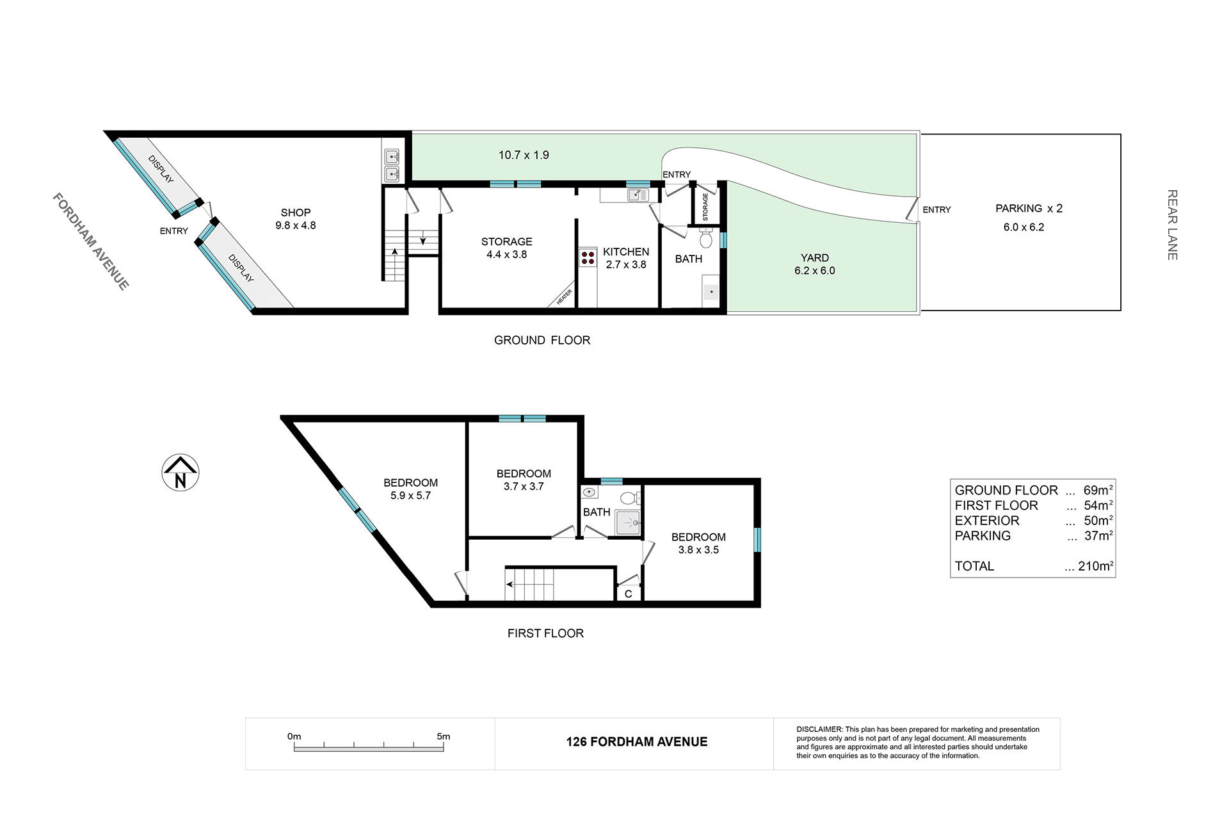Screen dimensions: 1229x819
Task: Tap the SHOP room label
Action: (296, 213)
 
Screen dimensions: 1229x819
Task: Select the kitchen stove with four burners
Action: (588, 258)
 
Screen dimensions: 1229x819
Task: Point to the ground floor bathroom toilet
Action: (706, 239)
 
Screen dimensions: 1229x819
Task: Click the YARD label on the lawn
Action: (814, 258)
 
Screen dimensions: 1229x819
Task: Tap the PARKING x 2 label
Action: (1029, 208)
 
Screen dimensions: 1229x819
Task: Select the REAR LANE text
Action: (1173, 225)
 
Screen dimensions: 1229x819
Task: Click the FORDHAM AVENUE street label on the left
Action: (91, 241)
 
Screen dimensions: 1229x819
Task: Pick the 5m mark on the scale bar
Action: (443, 736)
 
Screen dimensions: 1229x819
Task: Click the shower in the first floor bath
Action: (628, 523)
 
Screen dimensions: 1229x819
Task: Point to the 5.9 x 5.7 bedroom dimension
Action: (411, 496)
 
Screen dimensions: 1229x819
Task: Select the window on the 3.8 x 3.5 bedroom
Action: (757, 539)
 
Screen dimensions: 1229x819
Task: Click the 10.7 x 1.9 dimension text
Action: (524, 155)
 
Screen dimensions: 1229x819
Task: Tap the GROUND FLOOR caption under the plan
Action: (542, 341)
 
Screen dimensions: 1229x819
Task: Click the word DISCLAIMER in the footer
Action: (819, 729)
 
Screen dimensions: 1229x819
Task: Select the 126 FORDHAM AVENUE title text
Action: (637, 742)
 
